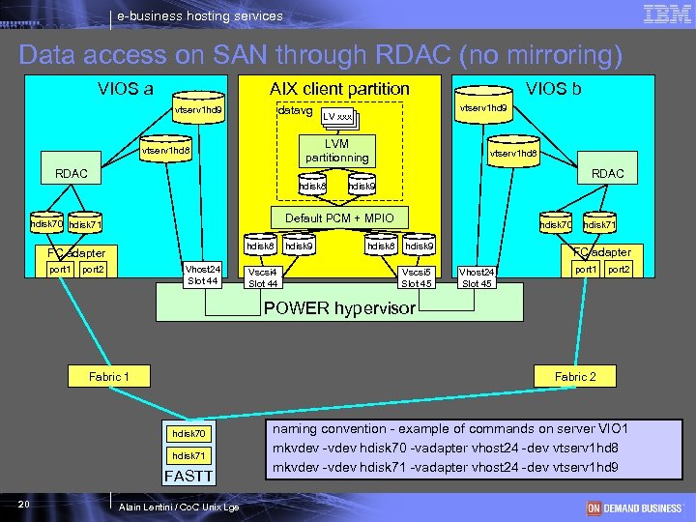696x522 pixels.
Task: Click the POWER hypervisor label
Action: click(x=339, y=308)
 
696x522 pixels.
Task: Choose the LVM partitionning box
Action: click(x=336, y=151)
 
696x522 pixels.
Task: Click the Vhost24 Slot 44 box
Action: click(x=202, y=275)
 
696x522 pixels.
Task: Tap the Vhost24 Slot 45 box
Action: click(x=477, y=277)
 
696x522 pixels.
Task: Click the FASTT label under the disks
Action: click(x=189, y=476)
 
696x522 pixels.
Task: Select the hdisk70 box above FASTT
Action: click(x=188, y=433)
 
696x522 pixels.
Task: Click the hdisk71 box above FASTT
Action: click(x=188, y=455)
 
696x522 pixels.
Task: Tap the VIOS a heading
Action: click(x=125, y=89)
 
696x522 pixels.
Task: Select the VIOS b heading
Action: click(x=553, y=89)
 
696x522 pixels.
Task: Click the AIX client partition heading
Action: click(x=339, y=89)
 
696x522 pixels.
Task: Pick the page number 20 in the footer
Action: click(x=24, y=505)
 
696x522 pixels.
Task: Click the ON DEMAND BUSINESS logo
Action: click(x=633, y=507)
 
